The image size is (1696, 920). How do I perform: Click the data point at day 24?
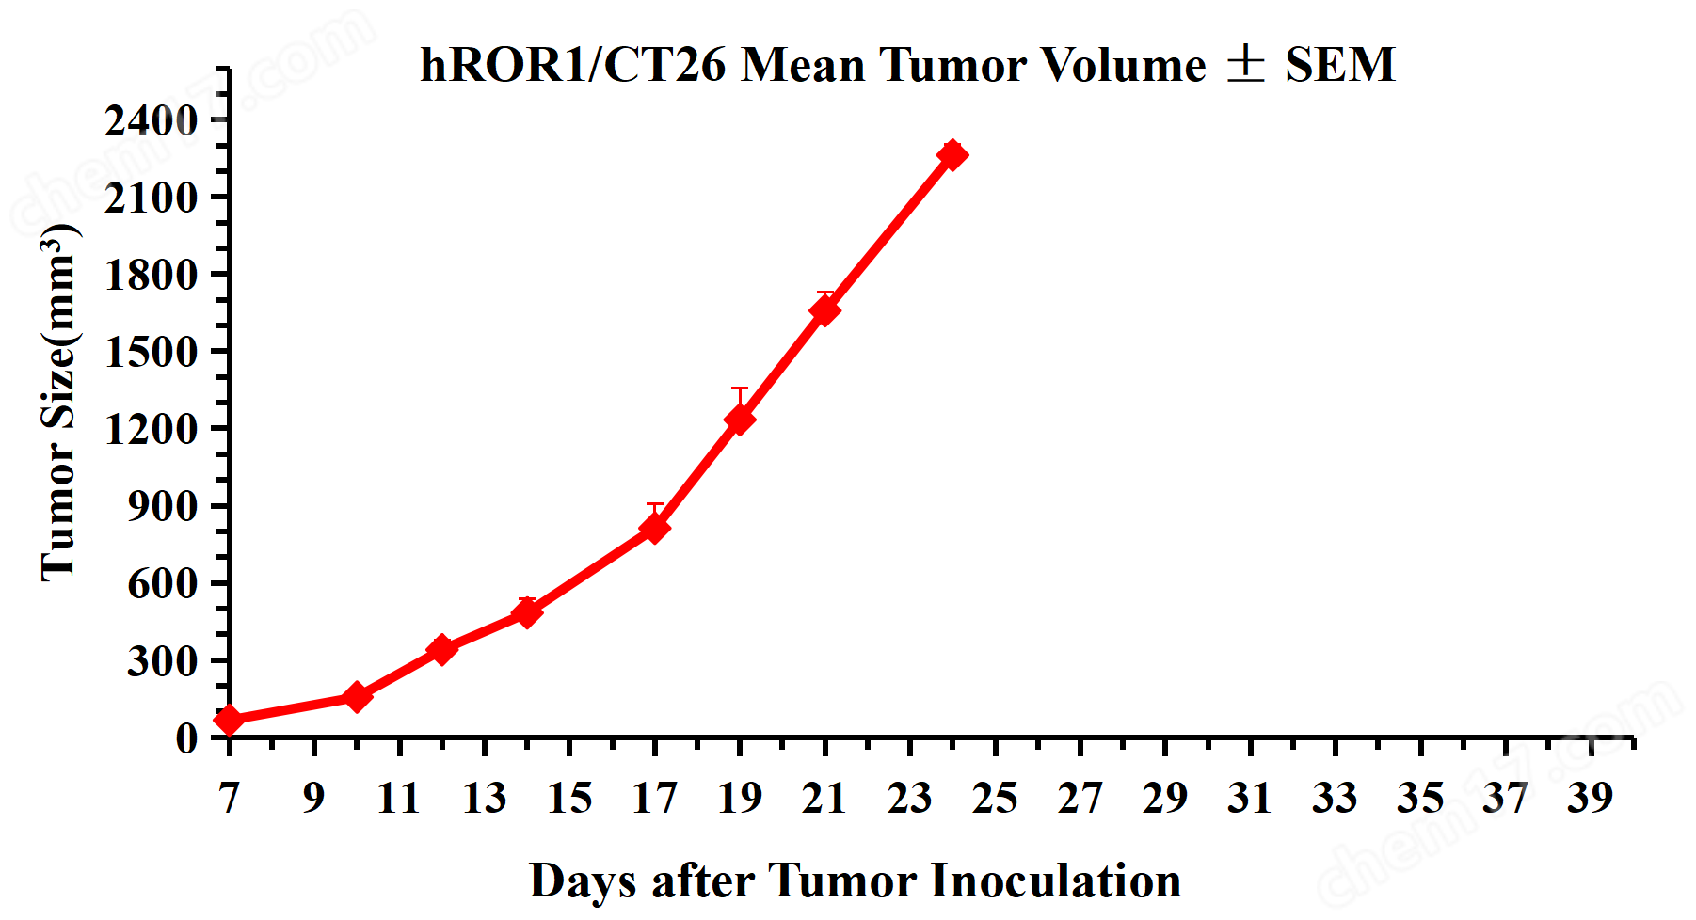pos(952,154)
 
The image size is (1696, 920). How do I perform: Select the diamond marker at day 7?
pos(229,721)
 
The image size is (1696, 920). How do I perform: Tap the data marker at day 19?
pos(740,419)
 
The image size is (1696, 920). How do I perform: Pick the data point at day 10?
pos(357,697)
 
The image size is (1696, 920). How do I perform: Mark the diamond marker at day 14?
pos(527,612)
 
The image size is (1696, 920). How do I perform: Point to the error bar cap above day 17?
pos(655,505)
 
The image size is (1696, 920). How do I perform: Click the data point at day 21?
pos(824,309)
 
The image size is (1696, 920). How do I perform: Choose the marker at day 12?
pos(441,649)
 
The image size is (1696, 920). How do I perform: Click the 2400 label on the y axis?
pos(151,120)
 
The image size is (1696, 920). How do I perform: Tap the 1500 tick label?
pos(151,353)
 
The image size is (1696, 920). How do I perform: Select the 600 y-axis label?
pos(162,584)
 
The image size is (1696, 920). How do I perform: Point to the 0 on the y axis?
pos(186,738)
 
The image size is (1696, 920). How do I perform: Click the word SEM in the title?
pos(1340,65)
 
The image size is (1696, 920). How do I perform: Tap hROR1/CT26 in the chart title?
pos(573,65)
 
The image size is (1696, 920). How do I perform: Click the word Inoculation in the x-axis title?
pos(1055,881)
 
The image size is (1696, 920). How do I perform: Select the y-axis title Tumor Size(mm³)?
pos(58,403)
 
